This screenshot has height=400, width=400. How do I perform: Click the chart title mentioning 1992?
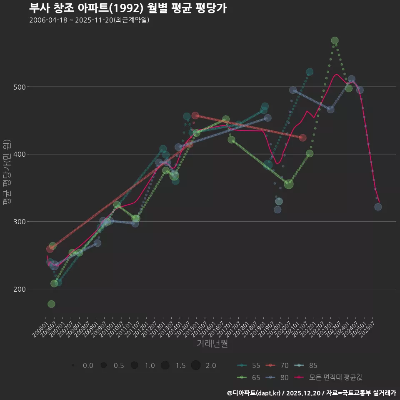(128, 8)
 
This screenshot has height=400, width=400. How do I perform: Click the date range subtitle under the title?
(89, 20)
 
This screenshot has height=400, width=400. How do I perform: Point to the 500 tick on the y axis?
(20, 87)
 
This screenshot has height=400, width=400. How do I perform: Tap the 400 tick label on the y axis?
(20, 155)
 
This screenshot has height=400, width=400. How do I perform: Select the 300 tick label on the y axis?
(20, 222)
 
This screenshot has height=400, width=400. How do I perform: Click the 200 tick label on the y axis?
(20, 289)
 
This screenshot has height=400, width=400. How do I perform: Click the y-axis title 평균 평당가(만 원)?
(7, 172)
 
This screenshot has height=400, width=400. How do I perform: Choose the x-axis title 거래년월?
(212, 344)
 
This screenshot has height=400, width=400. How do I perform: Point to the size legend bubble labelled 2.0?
(196, 365)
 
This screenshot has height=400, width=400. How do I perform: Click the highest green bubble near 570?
(335, 40)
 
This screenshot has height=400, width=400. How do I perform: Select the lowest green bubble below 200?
(51, 304)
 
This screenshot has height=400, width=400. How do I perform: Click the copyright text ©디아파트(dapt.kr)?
(254, 393)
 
